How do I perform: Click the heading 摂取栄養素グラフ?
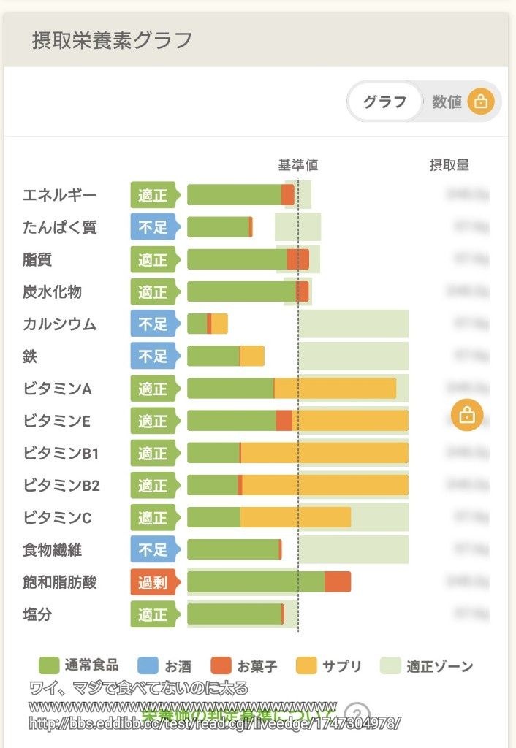(112, 40)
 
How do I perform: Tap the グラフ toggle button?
(384, 102)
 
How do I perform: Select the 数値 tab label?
(447, 102)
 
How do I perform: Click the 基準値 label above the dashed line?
(297, 165)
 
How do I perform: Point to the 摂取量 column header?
(449, 165)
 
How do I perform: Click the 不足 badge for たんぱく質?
(153, 227)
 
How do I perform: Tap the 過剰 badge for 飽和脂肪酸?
(153, 582)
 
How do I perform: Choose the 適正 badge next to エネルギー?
(153, 195)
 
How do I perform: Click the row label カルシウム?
(59, 324)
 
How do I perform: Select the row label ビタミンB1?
(61, 453)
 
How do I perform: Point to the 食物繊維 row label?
(52, 550)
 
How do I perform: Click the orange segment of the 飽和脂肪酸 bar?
(338, 582)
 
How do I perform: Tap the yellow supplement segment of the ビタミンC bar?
(295, 517)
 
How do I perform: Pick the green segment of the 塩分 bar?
(234, 614)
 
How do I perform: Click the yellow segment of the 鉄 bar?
(252, 356)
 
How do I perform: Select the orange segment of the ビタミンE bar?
(284, 421)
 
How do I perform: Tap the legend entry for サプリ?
(329, 665)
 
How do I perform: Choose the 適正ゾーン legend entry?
(427, 665)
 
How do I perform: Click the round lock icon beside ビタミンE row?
(466, 416)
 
